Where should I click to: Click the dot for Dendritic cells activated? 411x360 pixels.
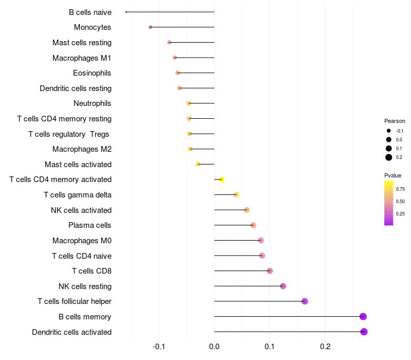pos(364,332)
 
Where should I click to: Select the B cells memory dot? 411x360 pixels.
pos(363,316)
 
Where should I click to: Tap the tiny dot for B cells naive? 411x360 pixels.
pos(126,12)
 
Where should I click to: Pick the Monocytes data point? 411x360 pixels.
pos(150,27)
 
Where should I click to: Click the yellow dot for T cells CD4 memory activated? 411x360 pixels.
pos(221,179)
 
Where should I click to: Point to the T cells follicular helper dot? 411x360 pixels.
pos(305,301)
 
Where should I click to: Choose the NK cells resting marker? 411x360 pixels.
pos(283,286)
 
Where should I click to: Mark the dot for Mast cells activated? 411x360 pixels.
pos(198,164)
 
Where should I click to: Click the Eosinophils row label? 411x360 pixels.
pos(92,73)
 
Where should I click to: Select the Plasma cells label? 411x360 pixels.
pos(89,225)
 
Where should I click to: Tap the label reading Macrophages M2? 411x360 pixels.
pos(82,149)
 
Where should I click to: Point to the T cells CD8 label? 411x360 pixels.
pos(92,271)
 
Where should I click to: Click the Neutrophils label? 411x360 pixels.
pos(92,103)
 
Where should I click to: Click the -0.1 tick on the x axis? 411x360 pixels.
pos(159,347)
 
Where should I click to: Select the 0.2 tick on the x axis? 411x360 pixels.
pos(325,347)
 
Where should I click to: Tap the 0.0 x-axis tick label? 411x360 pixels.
pos(214,347)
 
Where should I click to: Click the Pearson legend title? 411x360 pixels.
pos(395,121)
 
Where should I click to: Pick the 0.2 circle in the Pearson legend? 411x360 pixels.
pos(389,157)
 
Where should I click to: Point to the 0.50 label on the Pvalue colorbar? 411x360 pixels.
pos(400,201)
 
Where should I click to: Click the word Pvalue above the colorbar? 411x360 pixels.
pos(393,175)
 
